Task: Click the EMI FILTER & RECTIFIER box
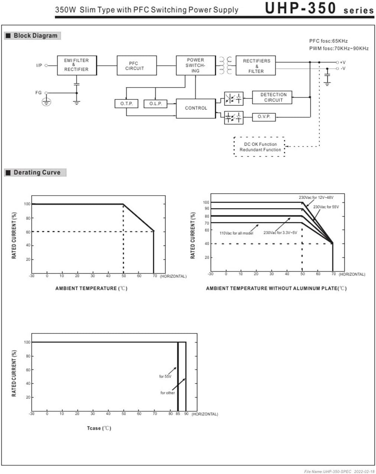click(x=77, y=65)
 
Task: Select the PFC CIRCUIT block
click(x=137, y=65)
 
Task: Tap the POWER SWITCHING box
click(x=196, y=65)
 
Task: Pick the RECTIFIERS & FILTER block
click(x=256, y=65)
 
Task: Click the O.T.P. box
click(x=126, y=104)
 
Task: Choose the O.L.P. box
click(x=155, y=104)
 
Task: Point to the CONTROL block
click(x=196, y=108)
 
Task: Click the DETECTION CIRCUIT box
click(x=272, y=97)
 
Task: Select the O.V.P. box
click(x=264, y=117)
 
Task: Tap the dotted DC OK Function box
click(x=259, y=147)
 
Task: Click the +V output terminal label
click(x=343, y=62)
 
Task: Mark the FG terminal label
click(x=38, y=92)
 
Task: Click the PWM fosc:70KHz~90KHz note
click(x=339, y=49)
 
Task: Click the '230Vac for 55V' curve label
click(x=326, y=207)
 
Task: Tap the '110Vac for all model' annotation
click(x=236, y=233)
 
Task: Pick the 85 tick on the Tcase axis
click(x=178, y=414)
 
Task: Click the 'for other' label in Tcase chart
click(x=168, y=393)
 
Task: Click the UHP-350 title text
click(x=300, y=8)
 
